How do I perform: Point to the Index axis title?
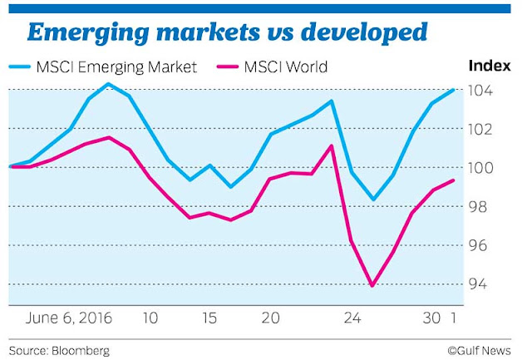tap(490, 66)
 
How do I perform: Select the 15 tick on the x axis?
tap(209, 318)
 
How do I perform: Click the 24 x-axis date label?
tap(352, 318)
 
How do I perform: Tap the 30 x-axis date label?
tap(431, 318)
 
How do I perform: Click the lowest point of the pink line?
tap(372, 286)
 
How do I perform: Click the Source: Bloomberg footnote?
tap(59, 350)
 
